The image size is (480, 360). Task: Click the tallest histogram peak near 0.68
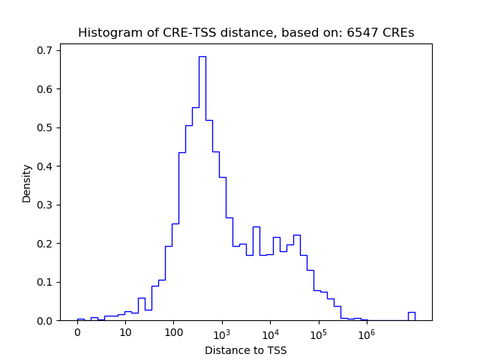pyautogui.click(x=202, y=57)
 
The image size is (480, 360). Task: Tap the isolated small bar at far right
pyautogui.click(x=411, y=316)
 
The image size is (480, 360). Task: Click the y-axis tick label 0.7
pyautogui.click(x=46, y=50)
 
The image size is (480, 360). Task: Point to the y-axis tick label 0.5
pyautogui.click(x=46, y=127)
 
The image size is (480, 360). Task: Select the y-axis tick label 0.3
pyautogui.click(x=46, y=205)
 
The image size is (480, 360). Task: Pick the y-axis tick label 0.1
pyautogui.click(x=46, y=282)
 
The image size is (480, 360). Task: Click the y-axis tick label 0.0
pyautogui.click(x=46, y=321)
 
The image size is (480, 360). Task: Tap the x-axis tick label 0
pyautogui.click(x=77, y=333)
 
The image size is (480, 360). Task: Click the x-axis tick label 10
pyautogui.click(x=125, y=333)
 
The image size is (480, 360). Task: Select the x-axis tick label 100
pyautogui.click(x=173, y=333)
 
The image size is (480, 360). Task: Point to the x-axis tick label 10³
pyautogui.click(x=222, y=332)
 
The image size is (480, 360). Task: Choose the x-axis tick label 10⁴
pyautogui.click(x=270, y=332)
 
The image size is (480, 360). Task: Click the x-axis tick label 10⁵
pyautogui.click(x=318, y=332)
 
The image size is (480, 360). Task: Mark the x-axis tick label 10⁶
pyautogui.click(x=366, y=332)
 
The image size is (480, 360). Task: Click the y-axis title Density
pyautogui.click(x=27, y=183)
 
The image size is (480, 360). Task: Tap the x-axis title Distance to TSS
pyautogui.click(x=245, y=349)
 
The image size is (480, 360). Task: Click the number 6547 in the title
pyautogui.click(x=363, y=33)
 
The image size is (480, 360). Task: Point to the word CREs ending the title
pyautogui.click(x=398, y=33)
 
